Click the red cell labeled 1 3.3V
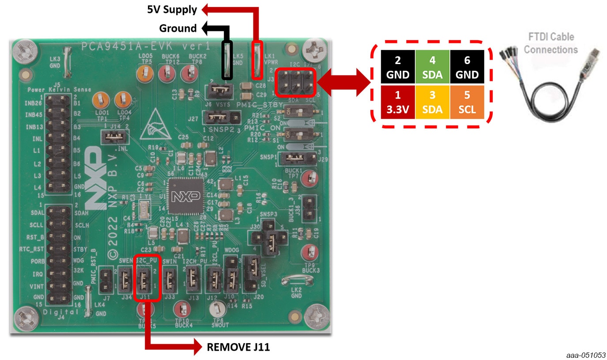398,102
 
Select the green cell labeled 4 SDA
432,67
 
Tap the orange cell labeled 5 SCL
467,102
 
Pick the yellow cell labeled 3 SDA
432,102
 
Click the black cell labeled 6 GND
467,67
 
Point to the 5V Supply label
172,9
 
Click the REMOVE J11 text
238,347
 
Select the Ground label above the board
178,28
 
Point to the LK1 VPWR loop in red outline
257,57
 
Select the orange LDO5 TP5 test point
145,74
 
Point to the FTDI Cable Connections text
550,43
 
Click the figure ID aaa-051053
587,355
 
